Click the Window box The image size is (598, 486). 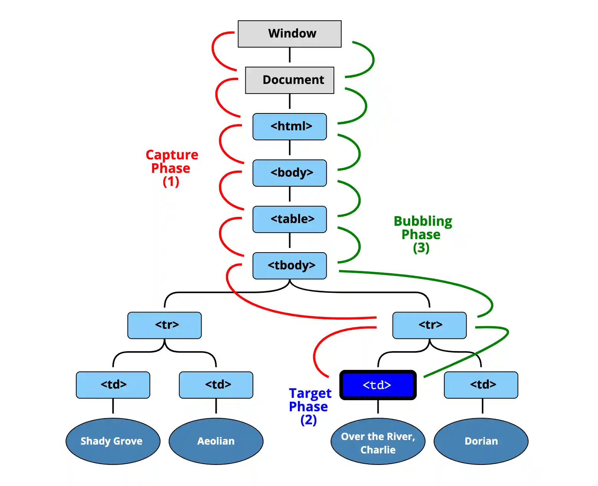(289, 34)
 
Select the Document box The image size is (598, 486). (289, 80)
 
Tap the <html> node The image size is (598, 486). (289, 126)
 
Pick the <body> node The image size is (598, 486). (289, 173)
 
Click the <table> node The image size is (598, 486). (289, 219)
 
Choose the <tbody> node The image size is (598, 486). (289, 266)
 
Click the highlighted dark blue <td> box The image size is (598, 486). (378, 385)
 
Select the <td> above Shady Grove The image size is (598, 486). (113, 385)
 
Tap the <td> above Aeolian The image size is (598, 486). (216, 385)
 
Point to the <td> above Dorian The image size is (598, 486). (481, 385)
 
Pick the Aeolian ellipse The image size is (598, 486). (216, 441)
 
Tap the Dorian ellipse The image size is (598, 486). (481, 441)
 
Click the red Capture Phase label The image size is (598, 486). (171, 168)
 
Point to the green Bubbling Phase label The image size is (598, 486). (422, 234)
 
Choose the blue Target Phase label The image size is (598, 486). (309, 406)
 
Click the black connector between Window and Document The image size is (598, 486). (289, 55)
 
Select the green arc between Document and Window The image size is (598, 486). (373, 59)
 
